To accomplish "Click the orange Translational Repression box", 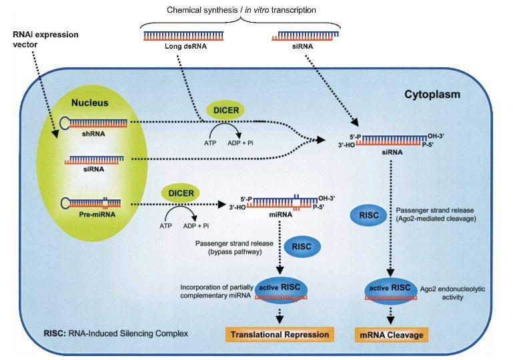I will click(280, 334).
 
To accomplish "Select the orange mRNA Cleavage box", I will click(396, 334).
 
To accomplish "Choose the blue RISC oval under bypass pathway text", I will click(302, 246).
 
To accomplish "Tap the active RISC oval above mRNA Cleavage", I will click(395, 289).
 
